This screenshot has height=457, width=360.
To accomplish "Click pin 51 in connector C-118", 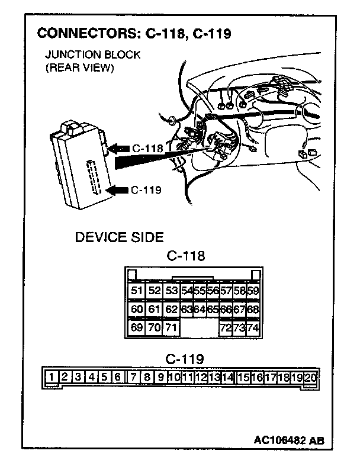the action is (x=137, y=291).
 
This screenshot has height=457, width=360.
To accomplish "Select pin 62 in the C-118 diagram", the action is (x=172, y=309).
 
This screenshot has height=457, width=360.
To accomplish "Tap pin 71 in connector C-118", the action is (x=172, y=327).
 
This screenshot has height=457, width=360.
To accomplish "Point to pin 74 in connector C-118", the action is (x=253, y=327).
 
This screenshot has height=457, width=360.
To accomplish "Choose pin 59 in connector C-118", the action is (x=253, y=291).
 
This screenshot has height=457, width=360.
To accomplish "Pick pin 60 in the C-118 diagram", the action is (x=137, y=309).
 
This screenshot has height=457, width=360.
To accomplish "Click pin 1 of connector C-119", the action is (x=53, y=376).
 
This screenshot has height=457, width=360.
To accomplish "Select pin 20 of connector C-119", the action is (x=310, y=376).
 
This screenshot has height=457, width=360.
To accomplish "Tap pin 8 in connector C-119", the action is (x=147, y=376).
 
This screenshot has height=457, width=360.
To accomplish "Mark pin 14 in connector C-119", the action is (x=227, y=376).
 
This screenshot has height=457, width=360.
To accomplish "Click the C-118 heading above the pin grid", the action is (x=186, y=256).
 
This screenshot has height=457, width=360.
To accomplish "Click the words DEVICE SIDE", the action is (x=119, y=238).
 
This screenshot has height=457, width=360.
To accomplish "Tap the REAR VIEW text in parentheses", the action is (x=79, y=67).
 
